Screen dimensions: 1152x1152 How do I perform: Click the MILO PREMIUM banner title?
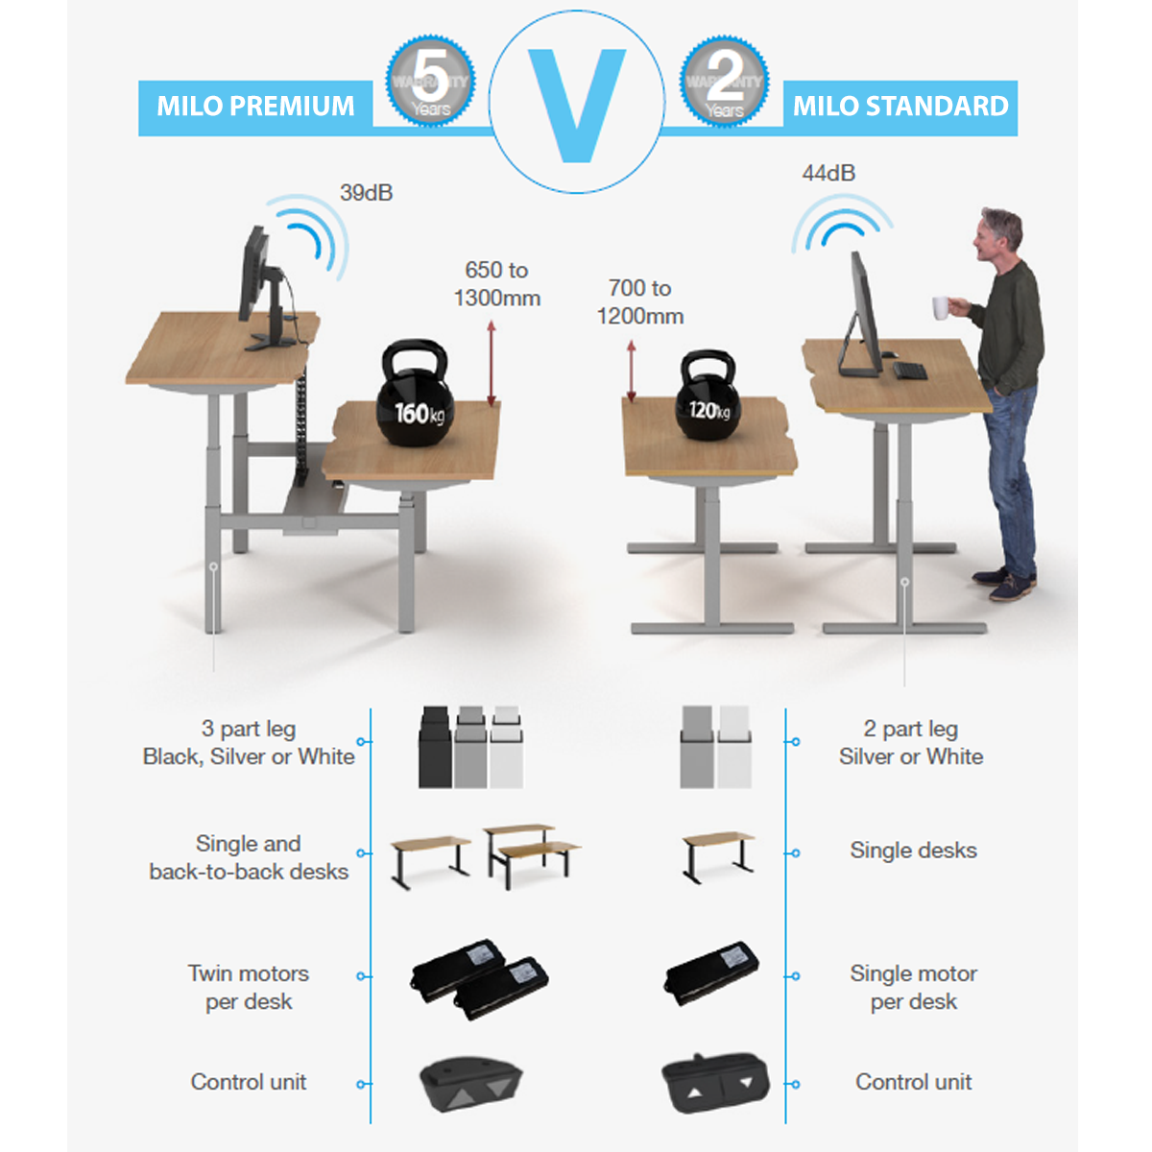255,107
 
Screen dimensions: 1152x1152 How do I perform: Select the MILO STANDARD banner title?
900,107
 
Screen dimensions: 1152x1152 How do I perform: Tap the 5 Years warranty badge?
430,82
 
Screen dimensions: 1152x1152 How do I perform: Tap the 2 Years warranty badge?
724,82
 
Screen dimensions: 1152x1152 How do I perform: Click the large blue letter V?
577,104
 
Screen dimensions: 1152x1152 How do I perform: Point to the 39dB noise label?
366,193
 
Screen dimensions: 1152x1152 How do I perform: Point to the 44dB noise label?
828,174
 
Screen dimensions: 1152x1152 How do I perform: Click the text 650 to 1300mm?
496,284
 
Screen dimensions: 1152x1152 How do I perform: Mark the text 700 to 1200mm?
640,302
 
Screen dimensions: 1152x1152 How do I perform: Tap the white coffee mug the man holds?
941,307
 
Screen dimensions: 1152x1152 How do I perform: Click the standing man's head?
998,235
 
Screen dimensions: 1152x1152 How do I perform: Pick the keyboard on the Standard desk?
909,371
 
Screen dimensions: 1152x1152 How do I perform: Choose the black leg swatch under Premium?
436,749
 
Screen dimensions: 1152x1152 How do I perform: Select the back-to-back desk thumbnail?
531,852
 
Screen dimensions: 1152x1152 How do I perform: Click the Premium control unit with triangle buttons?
470,1085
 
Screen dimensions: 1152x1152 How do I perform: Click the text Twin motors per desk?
248,988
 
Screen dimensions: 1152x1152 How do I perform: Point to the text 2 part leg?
910,730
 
